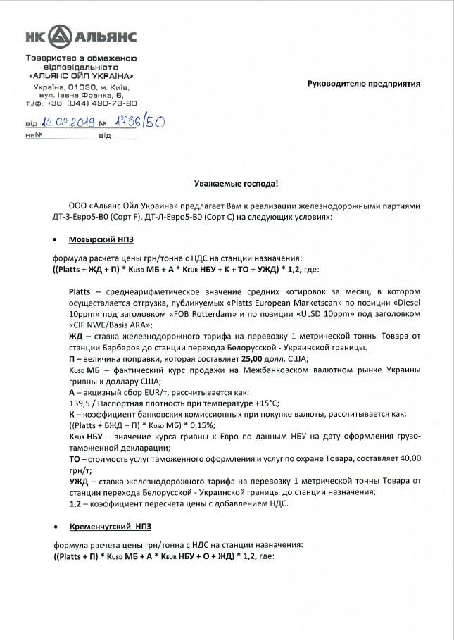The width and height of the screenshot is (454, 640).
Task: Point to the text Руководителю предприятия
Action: point(363,83)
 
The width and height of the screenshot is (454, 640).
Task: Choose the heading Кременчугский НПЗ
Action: point(111,526)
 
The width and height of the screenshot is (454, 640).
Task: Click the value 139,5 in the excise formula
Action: point(80,403)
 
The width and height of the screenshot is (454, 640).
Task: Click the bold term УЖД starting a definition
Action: point(80,480)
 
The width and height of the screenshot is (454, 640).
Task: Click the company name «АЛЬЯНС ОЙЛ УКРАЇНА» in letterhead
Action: point(81,75)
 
